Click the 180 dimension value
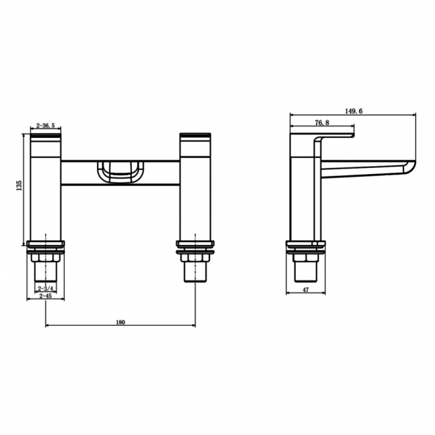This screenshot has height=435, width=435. point(120,322)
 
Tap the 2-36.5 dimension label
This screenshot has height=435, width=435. point(46,125)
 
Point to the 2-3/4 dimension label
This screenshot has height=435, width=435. point(46,288)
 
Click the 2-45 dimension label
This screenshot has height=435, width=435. point(46,296)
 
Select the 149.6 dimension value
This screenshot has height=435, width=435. point(354,112)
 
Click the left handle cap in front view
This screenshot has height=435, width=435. point(46,137)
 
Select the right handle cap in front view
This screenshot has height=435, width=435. point(195,137)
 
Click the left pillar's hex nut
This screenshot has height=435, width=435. point(46,258)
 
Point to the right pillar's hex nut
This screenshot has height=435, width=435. point(195,258)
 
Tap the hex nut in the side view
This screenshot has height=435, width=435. point(305,258)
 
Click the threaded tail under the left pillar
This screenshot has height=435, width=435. point(46,272)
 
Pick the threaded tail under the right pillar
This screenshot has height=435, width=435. point(195,272)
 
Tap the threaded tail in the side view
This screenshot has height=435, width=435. point(305,272)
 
